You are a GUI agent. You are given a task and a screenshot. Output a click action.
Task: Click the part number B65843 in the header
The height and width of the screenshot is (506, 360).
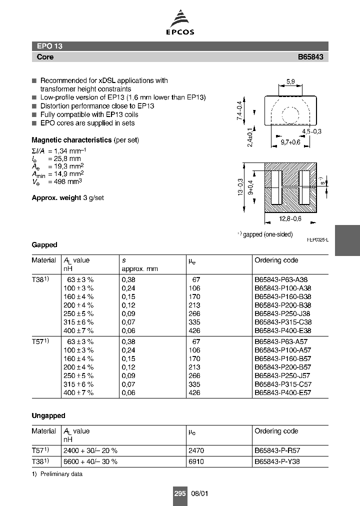pos(310,57)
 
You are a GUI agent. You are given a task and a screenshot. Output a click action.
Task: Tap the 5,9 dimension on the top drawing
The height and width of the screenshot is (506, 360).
pos(290,82)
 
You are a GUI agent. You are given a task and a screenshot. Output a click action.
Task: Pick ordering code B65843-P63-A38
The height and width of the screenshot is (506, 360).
pos(282,280)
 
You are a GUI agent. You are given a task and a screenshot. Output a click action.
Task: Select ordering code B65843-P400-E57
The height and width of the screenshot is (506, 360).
pos(283,392)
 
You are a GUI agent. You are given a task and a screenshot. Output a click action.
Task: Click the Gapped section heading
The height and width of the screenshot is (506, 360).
pos(44,244)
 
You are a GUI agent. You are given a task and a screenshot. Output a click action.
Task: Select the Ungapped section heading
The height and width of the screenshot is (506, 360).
pos(48,415)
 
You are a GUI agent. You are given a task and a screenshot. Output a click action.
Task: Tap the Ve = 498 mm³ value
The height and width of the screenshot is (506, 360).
pos(57,181)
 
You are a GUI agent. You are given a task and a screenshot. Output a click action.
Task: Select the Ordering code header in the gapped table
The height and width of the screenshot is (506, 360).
pos(276,260)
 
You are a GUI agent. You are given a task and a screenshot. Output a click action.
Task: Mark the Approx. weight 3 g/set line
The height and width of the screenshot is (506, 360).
pos(67,197)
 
